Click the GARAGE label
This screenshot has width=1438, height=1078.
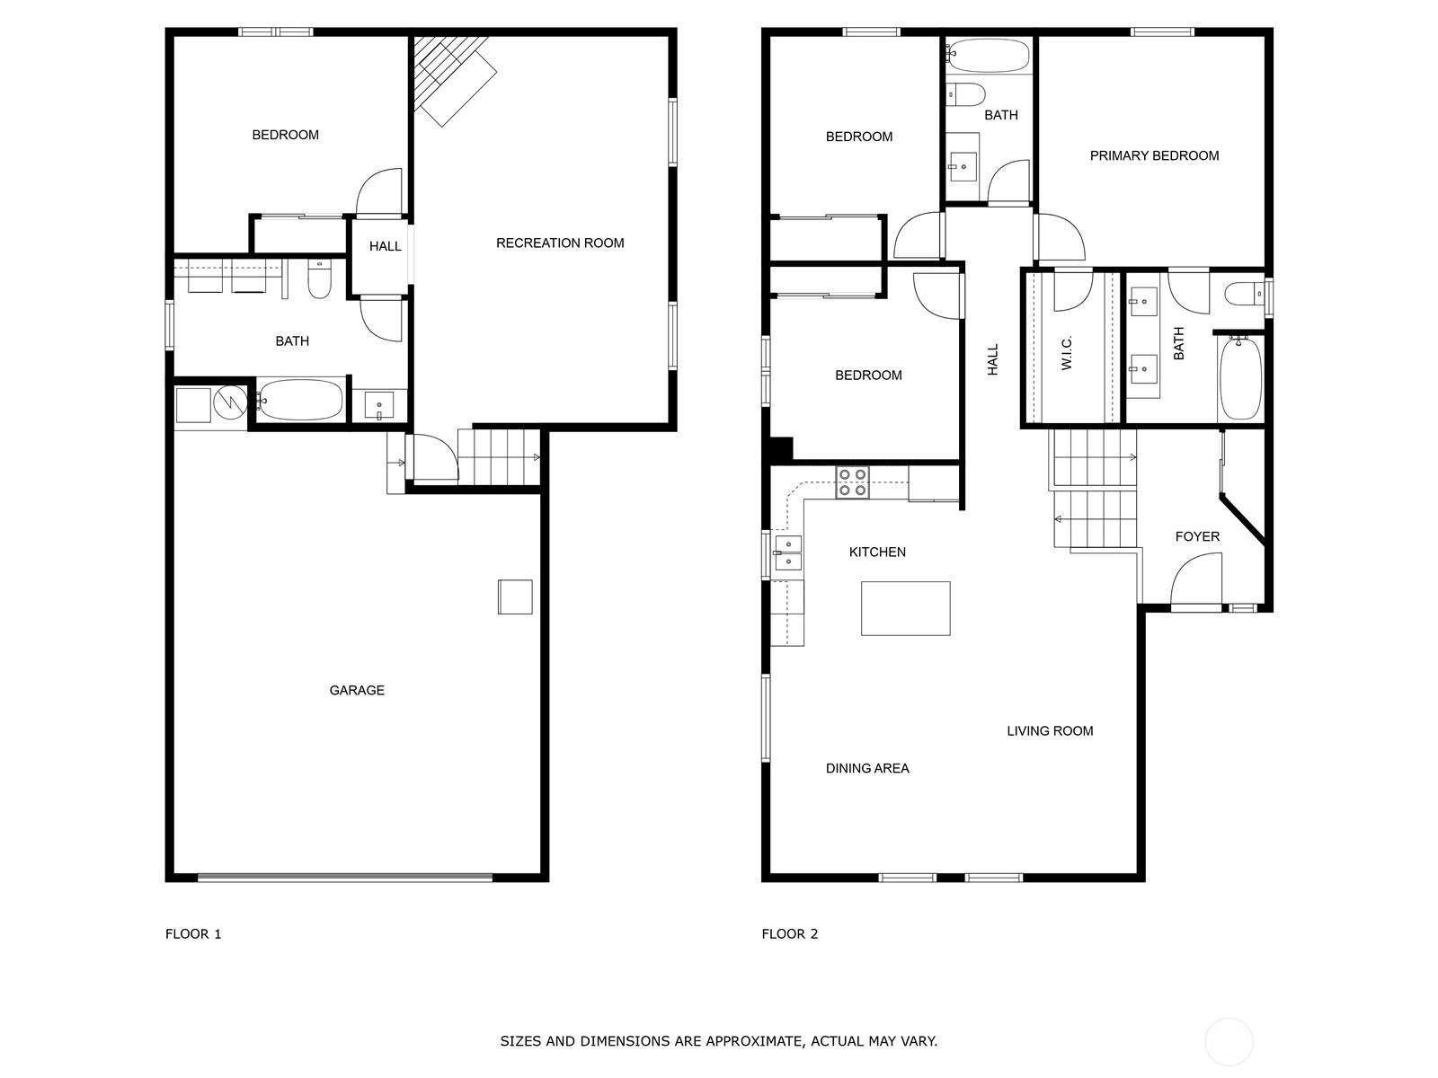point(357,690)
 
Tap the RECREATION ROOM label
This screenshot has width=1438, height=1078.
point(560,243)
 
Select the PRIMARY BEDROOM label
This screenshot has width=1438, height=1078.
point(1154,155)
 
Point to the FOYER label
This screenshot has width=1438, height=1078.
point(1197,536)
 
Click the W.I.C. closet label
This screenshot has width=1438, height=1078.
point(1067,353)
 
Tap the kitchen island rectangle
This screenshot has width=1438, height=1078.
point(905,608)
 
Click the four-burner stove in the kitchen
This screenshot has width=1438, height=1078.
point(852,482)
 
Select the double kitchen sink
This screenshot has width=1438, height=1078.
point(788,553)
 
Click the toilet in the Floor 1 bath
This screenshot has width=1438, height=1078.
point(320,278)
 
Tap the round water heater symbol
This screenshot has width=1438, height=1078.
point(231,402)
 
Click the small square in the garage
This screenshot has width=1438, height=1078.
point(515,596)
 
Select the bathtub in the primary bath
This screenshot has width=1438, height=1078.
point(1240,377)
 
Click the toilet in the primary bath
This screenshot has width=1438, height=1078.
point(1245,294)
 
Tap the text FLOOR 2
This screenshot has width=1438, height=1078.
point(789,934)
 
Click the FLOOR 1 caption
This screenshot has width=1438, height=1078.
point(193,934)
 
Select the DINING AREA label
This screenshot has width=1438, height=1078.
point(867,768)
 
